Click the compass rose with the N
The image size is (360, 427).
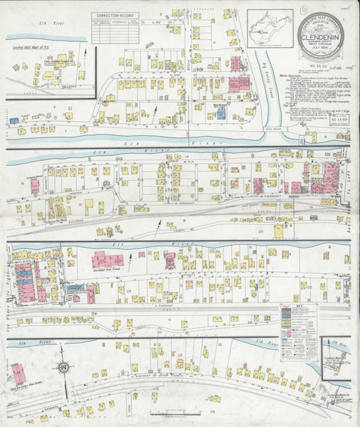click(x=64, y=368)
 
